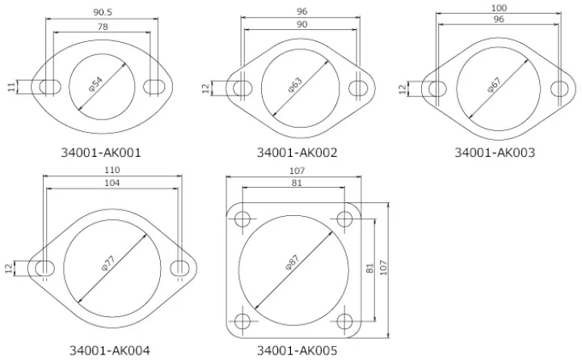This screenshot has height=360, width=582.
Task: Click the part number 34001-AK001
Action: tap(101, 152)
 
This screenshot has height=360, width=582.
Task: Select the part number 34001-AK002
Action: tap(297, 152)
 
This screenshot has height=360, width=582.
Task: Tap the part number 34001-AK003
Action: tap(495, 152)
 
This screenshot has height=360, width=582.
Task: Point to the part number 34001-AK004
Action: tap(110, 350)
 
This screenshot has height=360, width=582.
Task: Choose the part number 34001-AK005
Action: tap(297, 350)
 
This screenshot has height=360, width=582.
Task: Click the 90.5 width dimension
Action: tap(103, 12)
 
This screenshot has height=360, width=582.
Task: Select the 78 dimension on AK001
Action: tap(103, 27)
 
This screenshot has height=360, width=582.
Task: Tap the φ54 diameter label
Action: tap(95, 83)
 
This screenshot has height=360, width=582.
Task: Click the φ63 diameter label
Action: tap(295, 85)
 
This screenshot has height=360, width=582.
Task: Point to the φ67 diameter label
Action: tap(494, 85)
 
